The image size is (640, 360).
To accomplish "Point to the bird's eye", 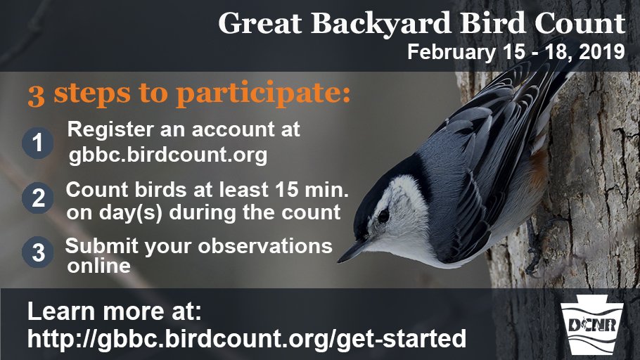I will [x=383, y=215].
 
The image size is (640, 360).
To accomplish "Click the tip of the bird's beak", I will [x=340, y=261].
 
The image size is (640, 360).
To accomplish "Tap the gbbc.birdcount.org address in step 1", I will [x=168, y=155].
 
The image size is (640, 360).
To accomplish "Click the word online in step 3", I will [x=99, y=266].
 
